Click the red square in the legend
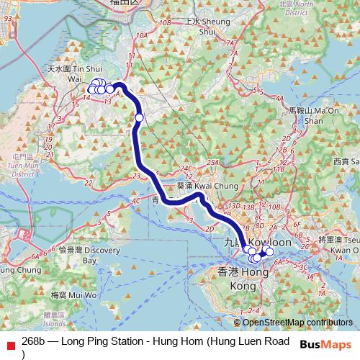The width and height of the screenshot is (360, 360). click(x=9, y=343)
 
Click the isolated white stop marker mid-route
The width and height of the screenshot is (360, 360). click(x=139, y=117)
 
